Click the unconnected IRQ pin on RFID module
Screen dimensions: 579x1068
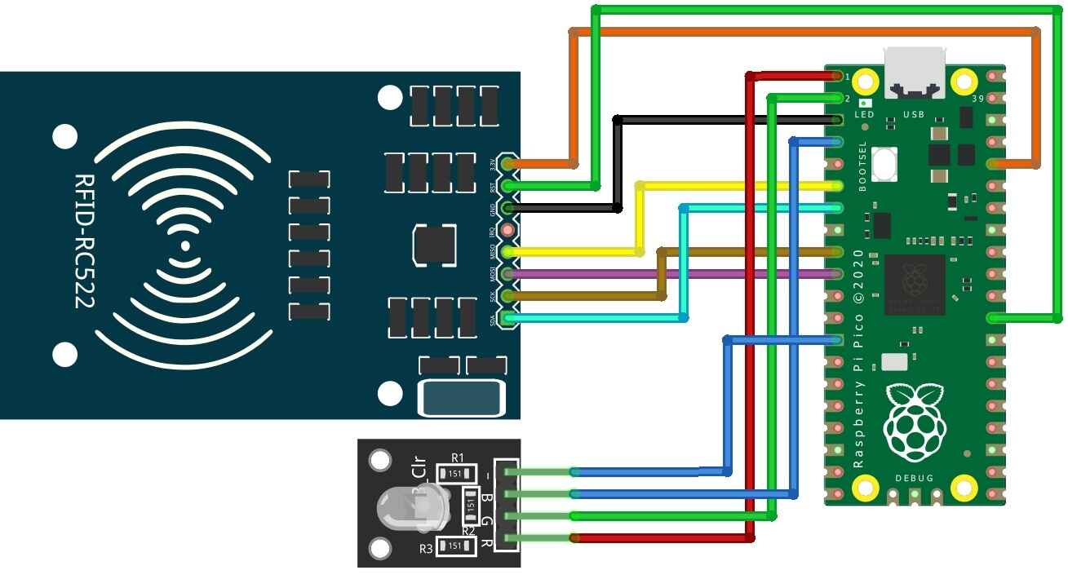[509, 231]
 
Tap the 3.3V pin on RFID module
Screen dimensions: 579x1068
[509, 164]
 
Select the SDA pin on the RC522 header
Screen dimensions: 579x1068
[509, 317]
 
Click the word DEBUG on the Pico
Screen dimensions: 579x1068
[914, 477]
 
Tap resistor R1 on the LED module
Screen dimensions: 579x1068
[450, 473]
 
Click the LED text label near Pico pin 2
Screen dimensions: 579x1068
[864, 115]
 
